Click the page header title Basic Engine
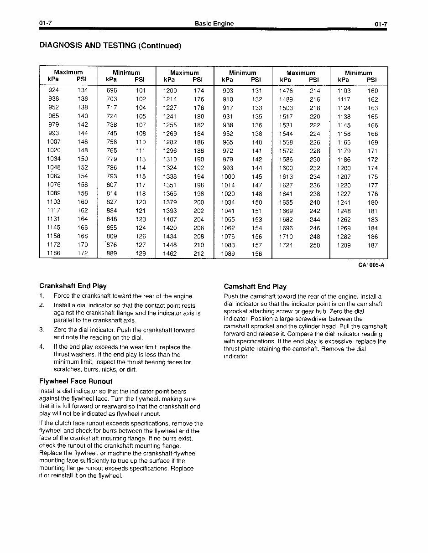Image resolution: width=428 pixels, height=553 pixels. click(214, 24)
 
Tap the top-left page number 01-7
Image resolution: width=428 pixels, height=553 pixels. click(46, 24)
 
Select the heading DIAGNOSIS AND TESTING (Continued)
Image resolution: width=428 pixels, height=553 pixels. click(110, 46)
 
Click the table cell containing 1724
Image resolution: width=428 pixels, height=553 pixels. click(286, 245)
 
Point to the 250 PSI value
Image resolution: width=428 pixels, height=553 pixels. click(315, 245)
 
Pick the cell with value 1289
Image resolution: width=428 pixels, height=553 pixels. click(344, 245)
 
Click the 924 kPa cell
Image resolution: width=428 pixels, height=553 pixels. click(53, 90)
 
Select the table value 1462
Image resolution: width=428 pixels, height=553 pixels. click(170, 254)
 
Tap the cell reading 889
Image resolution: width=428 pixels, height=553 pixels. click(111, 253)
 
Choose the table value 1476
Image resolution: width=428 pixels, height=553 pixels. click(286, 91)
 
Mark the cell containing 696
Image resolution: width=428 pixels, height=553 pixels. click(111, 90)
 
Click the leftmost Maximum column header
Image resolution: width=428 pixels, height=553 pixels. click(68, 72)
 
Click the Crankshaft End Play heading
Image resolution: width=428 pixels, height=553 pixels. click(73, 286)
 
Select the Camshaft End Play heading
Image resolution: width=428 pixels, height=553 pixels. click(255, 287)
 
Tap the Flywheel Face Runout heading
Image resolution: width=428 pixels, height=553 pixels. click(76, 381)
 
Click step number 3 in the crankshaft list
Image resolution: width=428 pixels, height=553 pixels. click(42, 330)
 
